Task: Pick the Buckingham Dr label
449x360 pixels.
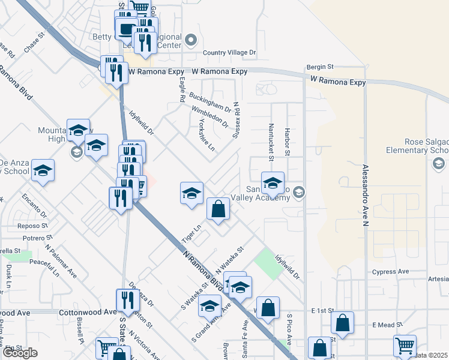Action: pos(210,102)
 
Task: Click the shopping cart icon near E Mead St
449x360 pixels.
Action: pos(405,346)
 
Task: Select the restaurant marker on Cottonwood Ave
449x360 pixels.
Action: pos(127,299)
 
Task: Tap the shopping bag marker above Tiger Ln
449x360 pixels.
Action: pos(218,209)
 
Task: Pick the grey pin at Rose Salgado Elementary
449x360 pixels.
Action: pos(438,163)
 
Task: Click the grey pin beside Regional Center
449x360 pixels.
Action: pos(191,41)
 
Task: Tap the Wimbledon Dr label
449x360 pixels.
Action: pos(209,116)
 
